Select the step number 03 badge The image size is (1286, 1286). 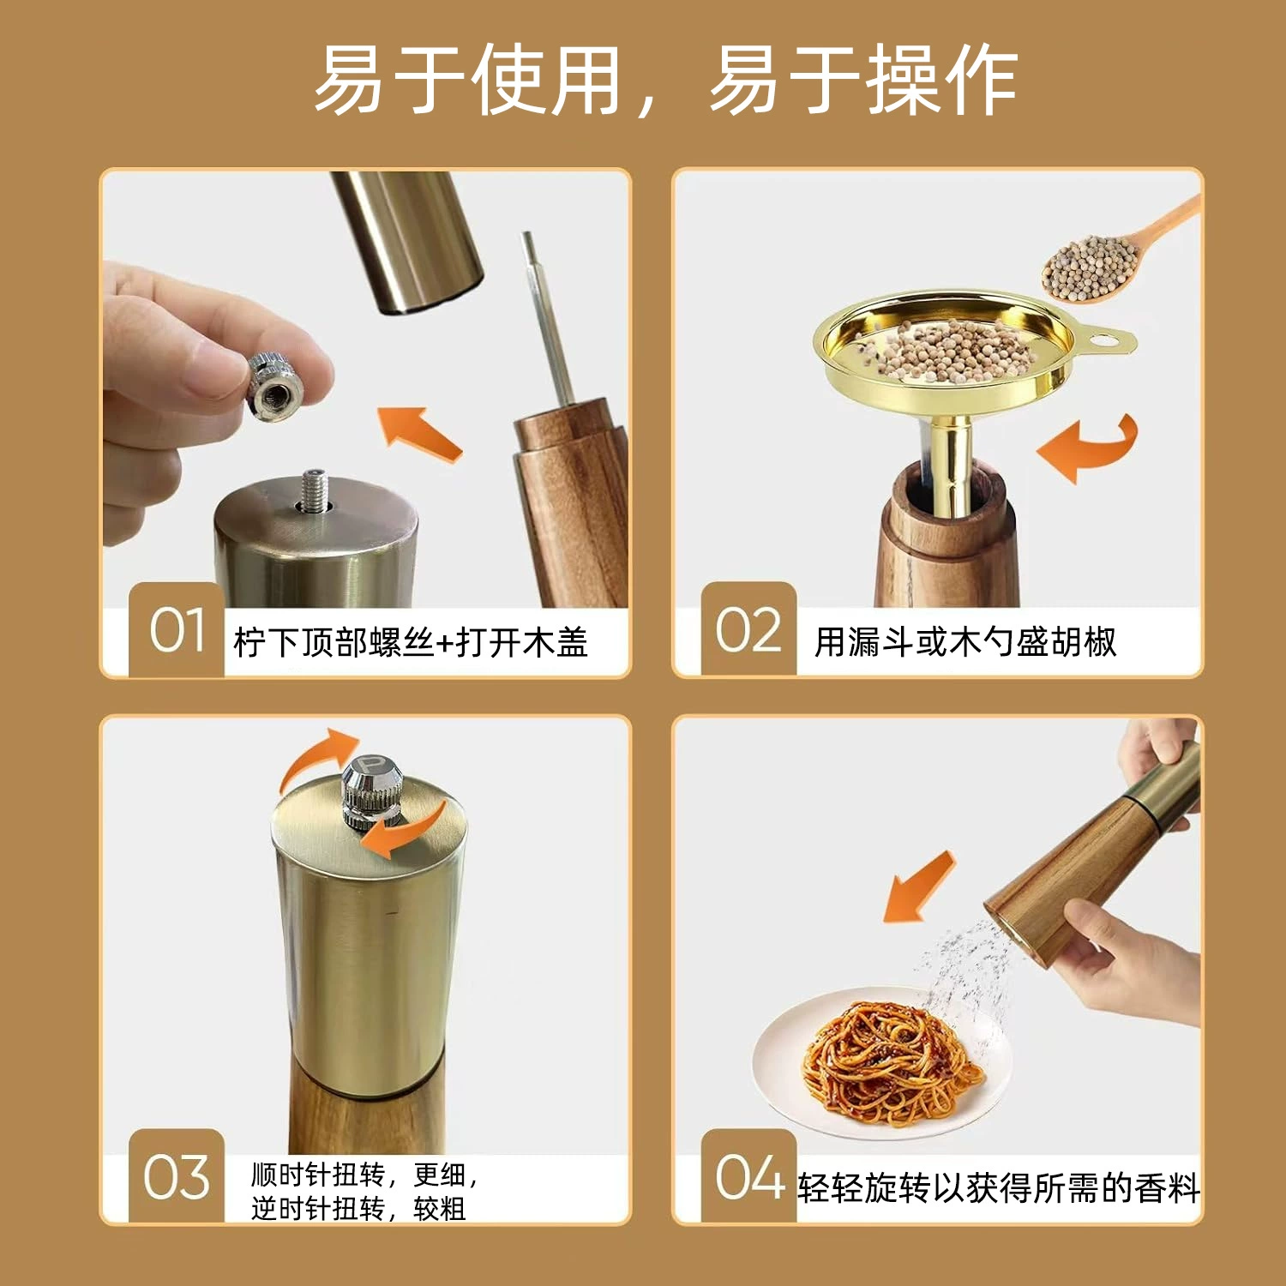click(176, 1175)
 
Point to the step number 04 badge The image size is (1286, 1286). click(748, 1175)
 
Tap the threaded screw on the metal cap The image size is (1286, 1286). click(315, 490)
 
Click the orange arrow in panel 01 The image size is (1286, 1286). click(421, 434)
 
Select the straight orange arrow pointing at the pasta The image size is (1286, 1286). click(918, 888)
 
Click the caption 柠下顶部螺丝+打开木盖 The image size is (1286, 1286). click(411, 642)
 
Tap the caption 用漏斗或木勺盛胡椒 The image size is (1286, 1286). click(965, 641)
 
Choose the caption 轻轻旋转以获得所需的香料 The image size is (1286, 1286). click(999, 1188)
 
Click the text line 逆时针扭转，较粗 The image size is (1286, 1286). click(358, 1209)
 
